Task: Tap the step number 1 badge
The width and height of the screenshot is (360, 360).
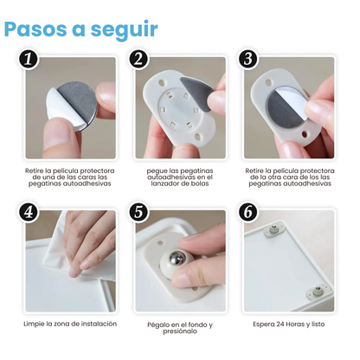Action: pyautogui.click(x=30, y=60)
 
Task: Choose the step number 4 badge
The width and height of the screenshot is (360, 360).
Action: pyautogui.click(x=30, y=212)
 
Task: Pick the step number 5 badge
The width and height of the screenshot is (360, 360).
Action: pyautogui.click(x=138, y=212)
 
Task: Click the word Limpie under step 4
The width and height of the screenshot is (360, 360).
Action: pyautogui.click(x=37, y=324)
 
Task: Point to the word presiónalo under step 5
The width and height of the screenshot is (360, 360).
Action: pyautogui.click(x=179, y=333)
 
